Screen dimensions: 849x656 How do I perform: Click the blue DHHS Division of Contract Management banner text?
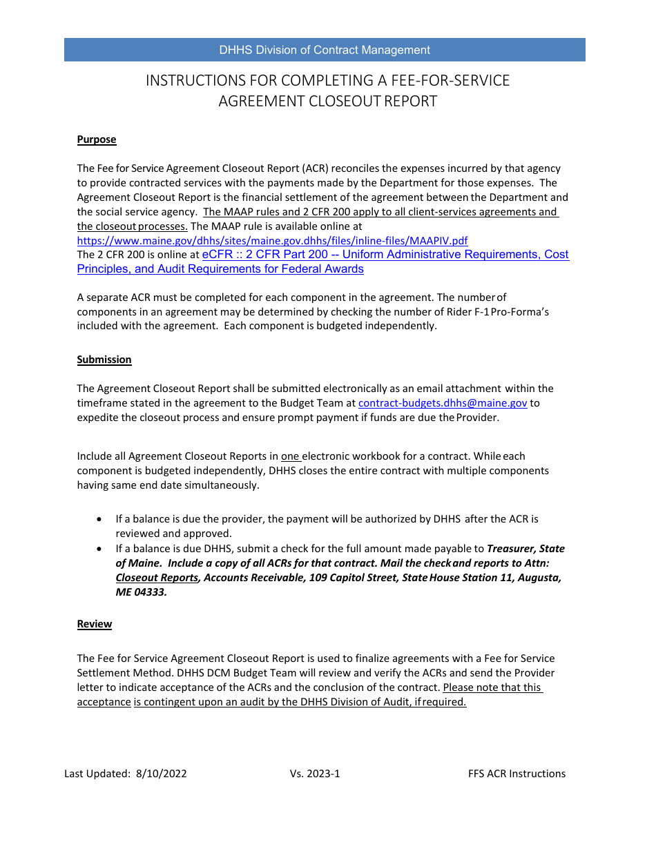coord(325,50)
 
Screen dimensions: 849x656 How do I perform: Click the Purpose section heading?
coord(97,139)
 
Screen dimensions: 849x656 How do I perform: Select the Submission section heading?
coord(104,360)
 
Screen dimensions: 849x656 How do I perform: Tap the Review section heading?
coord(95,624)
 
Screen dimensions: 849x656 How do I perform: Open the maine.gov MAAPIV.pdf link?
coord(272,241)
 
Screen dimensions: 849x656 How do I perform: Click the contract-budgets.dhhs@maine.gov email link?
coord(443,403)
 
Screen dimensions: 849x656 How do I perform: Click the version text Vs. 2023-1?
coord(315,774)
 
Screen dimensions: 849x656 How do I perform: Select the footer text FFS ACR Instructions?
coord(517,774)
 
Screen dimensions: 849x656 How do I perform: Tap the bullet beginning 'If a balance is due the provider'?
coord(102,518)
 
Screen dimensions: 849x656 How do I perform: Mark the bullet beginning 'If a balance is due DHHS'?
coord(102,549)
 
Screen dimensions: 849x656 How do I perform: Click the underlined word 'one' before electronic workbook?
coord(290,456)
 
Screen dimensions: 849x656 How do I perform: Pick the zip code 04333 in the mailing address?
coord(151,592)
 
